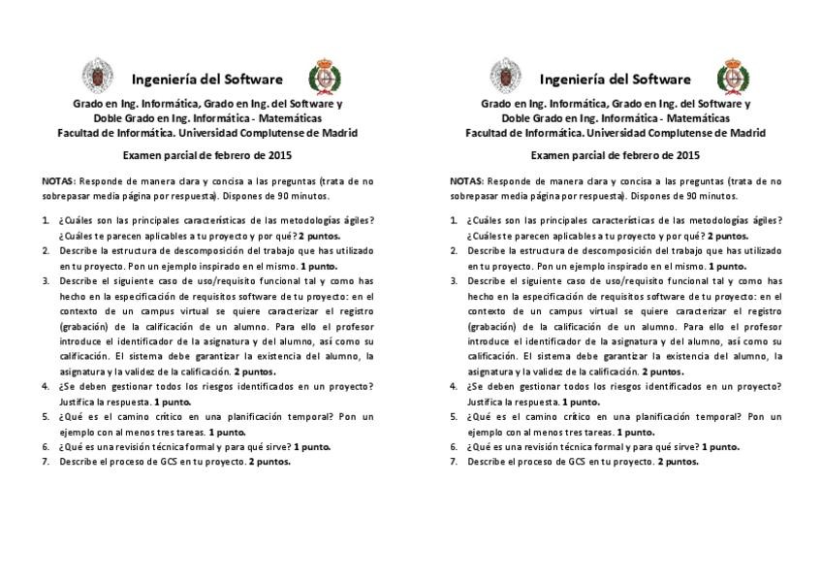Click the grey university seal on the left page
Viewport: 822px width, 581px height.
pos(96,76)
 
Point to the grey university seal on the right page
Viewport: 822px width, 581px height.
pos(505,76)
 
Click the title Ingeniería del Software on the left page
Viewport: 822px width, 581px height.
pos(207,79)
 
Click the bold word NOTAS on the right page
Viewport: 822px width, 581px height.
pos(466,180)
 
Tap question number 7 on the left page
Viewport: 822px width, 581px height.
pos(46,462)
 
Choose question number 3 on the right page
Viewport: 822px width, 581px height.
pos(455,280)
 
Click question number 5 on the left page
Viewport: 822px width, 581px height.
pos(46,416)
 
